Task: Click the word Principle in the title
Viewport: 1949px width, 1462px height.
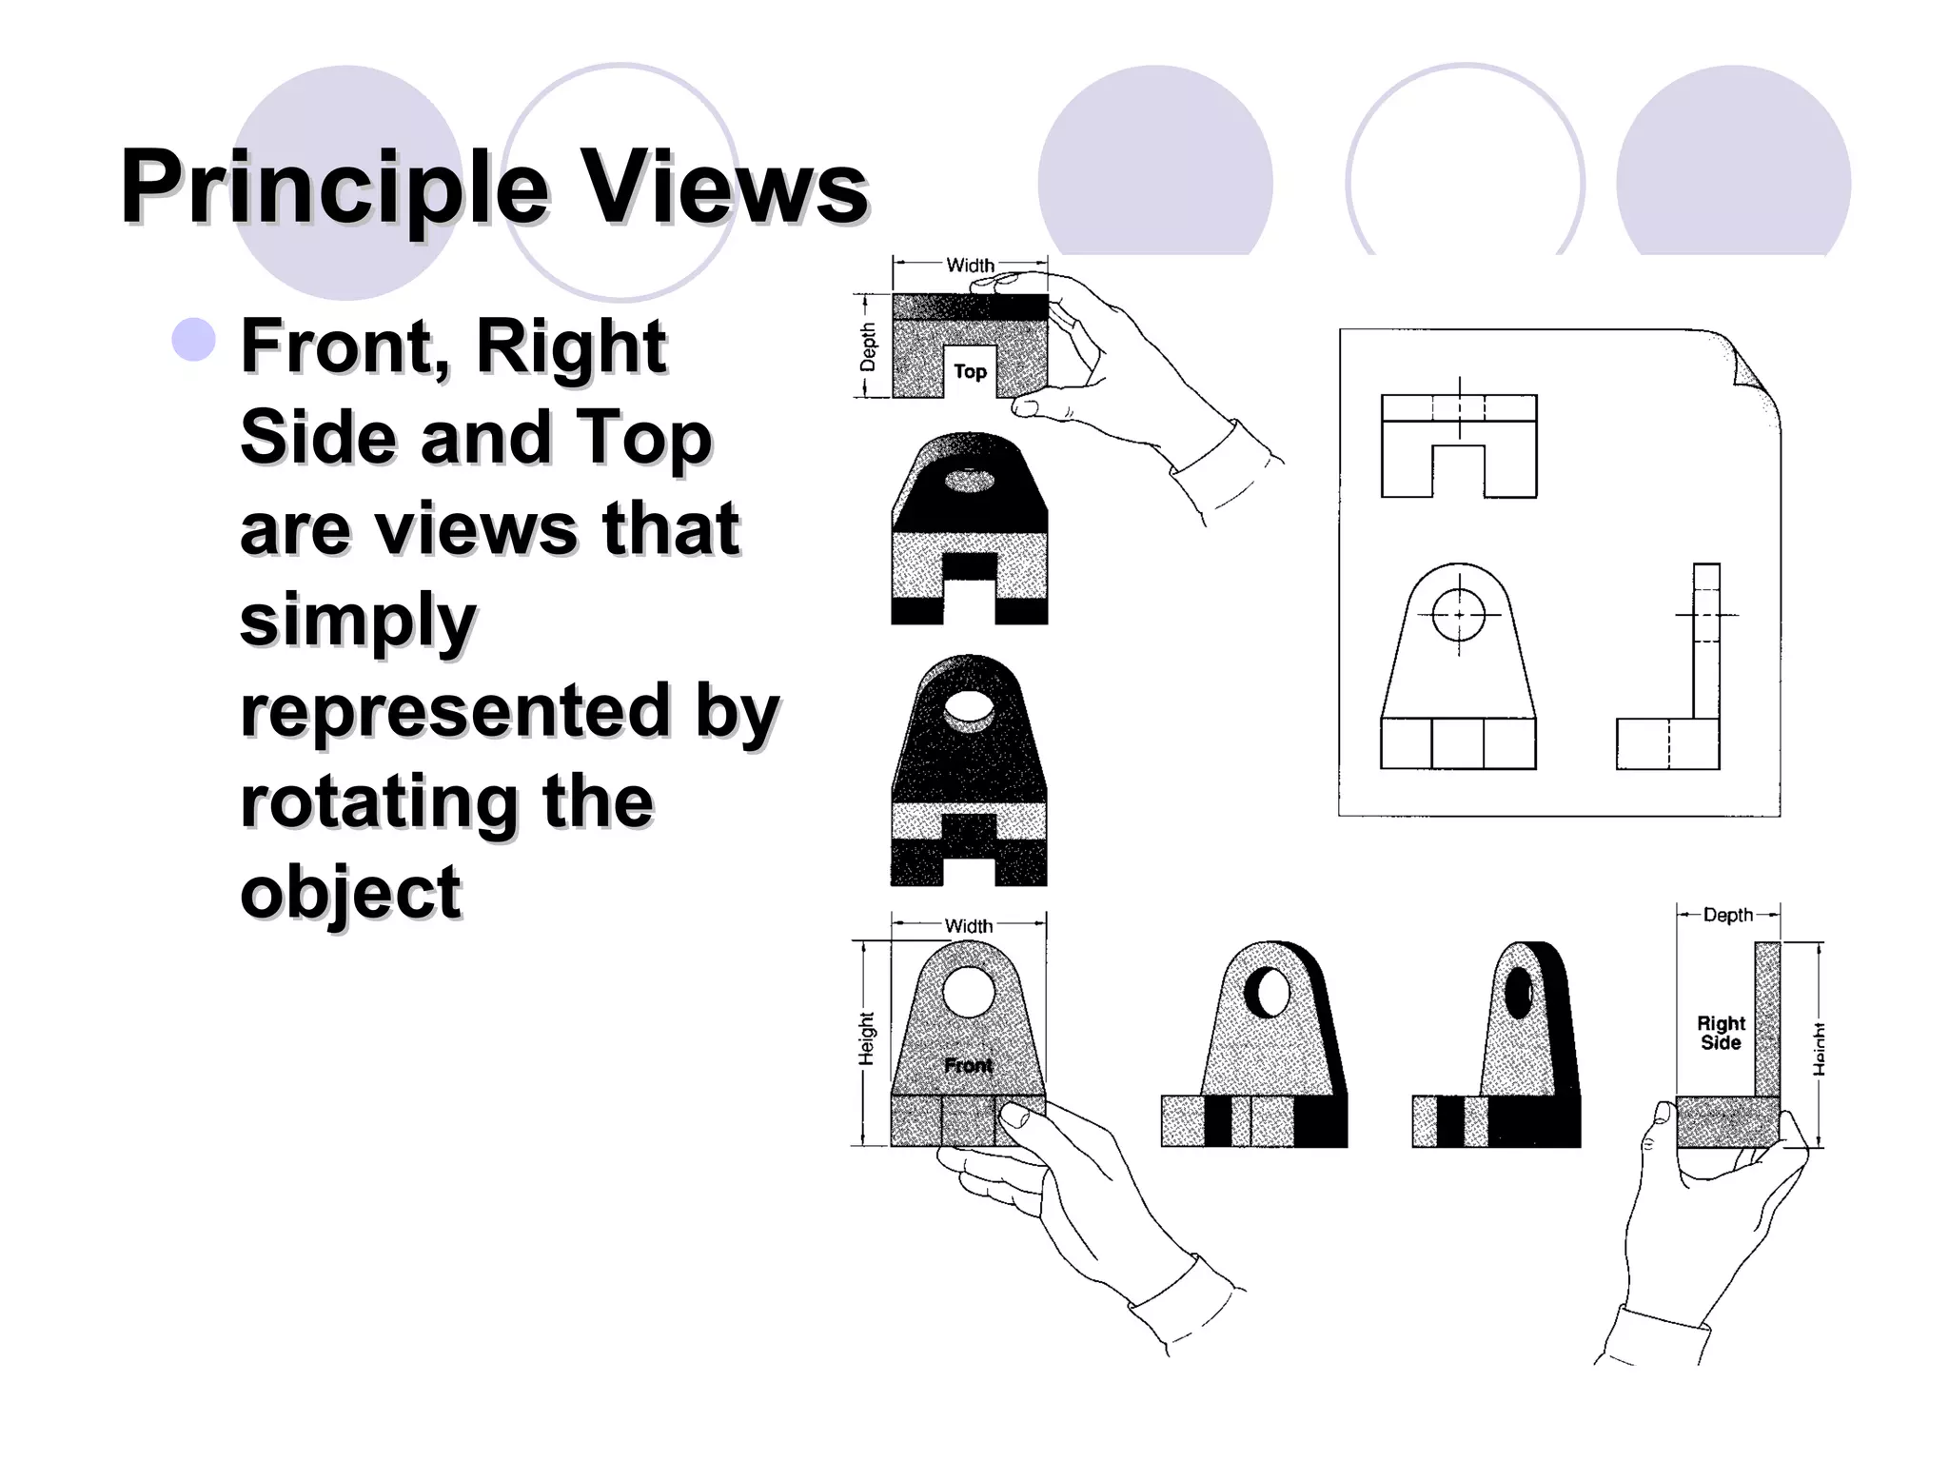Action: click(x=335, y=188)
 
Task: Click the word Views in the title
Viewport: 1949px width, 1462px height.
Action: click(x=724, y=188)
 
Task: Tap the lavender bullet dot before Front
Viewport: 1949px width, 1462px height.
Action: click(x=194, y=340)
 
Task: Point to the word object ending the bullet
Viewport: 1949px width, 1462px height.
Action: click(x=350, y=892)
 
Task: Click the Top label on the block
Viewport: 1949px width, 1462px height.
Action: click(x=970, y=371)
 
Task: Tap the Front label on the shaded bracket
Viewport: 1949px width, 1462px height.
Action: click(x=968, y=1065)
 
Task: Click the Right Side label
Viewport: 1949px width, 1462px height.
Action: click(x=1721, y=1033)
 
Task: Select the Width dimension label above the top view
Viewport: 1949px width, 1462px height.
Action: click(x=970, y=265)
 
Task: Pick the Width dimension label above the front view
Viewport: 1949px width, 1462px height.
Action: click(x=968, y=925)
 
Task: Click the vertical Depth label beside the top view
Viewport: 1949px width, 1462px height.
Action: click(x=868, y=346)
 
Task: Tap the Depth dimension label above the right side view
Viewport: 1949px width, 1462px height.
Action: click(x=1727, y=915)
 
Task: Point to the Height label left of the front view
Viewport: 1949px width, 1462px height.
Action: click(x=865, y=1038)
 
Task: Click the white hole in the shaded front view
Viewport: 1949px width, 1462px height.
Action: click(x=969, y=991)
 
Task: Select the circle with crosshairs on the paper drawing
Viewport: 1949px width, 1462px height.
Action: click(x=1458, y=615)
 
